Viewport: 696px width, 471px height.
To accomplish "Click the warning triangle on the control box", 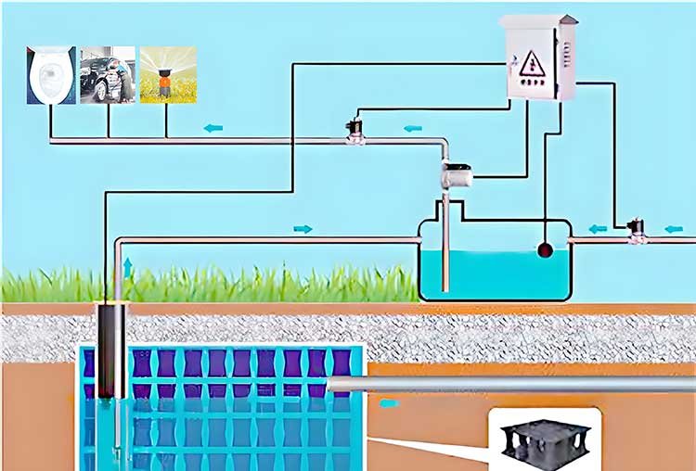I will pyautogui.click(x=530, y=63).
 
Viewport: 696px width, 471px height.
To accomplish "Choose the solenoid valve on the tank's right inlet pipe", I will pyautogui.click(x=637, y=230).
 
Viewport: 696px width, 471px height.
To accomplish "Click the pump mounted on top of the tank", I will pyautogui.click(x=457, y=173).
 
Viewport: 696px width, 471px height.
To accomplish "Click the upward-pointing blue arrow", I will pyautogui.click(x=127, y=268).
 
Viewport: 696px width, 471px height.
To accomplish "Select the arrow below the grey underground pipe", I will pyautogui.click(x=390, y=403).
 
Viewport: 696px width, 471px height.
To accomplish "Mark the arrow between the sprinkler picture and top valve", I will pyautogui.click(x=213, y=128).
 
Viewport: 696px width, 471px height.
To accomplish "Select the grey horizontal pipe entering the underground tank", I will pyautogui.click(x=510, y=384).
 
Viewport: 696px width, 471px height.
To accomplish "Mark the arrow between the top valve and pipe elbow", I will pyautogui.click(x=411, y=128).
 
